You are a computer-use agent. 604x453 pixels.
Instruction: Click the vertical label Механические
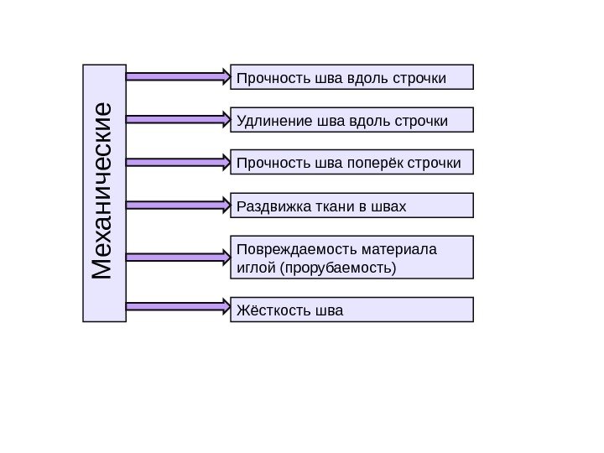click(104, 192)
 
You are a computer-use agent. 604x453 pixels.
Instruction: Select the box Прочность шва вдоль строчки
click(351, 77)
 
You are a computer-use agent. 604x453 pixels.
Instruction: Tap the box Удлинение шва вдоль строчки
click(351, 120)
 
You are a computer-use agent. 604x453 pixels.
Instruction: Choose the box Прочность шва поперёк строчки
click(351, 162)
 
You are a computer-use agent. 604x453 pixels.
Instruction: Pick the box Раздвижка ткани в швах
click(351, 206)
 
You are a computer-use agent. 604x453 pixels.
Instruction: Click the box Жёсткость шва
click(351, 310)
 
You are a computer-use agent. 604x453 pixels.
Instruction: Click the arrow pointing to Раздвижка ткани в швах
click(178, 204)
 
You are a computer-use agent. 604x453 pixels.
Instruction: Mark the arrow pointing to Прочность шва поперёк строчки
click(178, 161)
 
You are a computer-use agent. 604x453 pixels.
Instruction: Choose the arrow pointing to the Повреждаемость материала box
click(178, 256)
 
